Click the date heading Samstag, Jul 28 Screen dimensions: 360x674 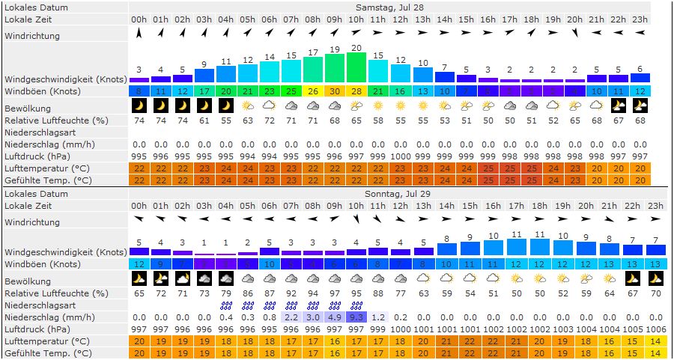[389, 7]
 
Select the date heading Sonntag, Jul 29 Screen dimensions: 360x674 [389, 194]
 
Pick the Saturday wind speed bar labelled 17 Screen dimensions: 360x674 [313, 69]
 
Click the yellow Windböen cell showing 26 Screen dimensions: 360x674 [313, 91]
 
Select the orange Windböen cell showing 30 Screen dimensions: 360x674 [335, 91]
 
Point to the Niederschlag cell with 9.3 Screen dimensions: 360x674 [356, 317]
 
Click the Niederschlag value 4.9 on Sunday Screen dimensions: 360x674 [335, 317]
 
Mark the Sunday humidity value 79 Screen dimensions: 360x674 [226, 293]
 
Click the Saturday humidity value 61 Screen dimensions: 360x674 [204, 120]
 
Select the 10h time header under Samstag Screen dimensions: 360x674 [356, 19]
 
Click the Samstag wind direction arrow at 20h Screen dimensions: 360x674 [574, 33]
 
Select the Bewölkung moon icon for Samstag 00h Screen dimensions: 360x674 [139, 106]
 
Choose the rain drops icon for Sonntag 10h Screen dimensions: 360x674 [356, 305]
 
